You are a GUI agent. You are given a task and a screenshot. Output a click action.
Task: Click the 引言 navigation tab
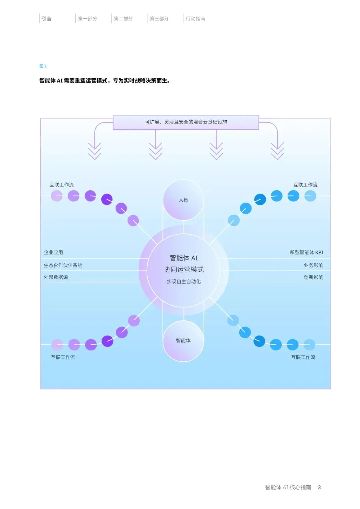(x=47, y=19)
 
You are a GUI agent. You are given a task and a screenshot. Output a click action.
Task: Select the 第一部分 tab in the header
(x=87, y=19)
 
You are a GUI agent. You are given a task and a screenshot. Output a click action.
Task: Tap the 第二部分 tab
(x=123, y=19)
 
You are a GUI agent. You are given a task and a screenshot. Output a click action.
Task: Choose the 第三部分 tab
(x=159, y=19)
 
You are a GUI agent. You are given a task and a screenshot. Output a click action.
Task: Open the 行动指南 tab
(x=195, y=19)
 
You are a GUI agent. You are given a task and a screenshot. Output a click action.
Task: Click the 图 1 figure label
(x=43, y=66)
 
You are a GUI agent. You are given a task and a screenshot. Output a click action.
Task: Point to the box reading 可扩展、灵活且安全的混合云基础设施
(x=186, y=122)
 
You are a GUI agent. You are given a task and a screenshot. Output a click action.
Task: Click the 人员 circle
(x=183, y=200)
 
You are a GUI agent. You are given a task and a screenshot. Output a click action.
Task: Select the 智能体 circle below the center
(x=183, y=340)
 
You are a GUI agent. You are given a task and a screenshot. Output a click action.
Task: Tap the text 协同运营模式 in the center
(x=184, y=269)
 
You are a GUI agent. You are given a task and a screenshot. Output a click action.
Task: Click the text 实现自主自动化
(x=184, y=282)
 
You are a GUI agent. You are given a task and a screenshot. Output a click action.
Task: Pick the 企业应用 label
(x=53, y=252)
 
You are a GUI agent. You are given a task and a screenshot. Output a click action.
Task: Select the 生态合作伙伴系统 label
(x=63, y=265)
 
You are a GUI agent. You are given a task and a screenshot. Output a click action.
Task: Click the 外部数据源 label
(x=56, y=277)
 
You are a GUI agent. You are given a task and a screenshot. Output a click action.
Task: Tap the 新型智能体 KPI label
(x=306, y=252)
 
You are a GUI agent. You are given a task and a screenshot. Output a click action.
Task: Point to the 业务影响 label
(x=313, y=265)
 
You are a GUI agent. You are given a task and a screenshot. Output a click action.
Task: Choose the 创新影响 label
(x=313, y=277)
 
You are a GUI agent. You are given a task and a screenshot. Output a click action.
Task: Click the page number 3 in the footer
(x=319, y=487)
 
